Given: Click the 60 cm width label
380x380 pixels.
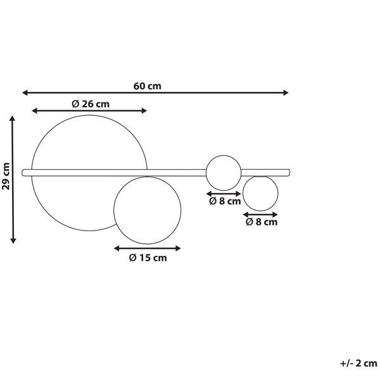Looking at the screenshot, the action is (x=147, y=86).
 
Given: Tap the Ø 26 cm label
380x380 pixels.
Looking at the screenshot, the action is (x=91, y=104).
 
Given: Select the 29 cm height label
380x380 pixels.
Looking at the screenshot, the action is (x=6, y=176).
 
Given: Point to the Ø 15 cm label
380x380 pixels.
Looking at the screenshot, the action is (x=148, y=258).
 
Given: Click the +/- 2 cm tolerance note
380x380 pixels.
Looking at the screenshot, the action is (x=358, y=364).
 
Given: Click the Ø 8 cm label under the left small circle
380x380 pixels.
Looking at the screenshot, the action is (x=225, y=201).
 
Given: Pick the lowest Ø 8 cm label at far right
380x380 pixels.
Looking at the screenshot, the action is (x=262, y=222).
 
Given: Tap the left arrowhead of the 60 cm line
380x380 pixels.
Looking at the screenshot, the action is (x=25, y=92).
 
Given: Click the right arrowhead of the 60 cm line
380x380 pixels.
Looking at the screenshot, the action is (x=286, y=92).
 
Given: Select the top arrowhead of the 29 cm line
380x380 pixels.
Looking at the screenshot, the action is (x=13, y=118).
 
